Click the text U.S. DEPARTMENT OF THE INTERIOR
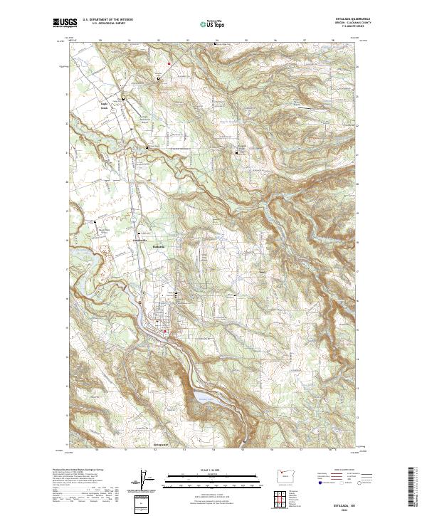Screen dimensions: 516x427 coord(107,19)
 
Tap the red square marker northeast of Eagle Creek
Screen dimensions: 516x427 coord(169,65)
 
